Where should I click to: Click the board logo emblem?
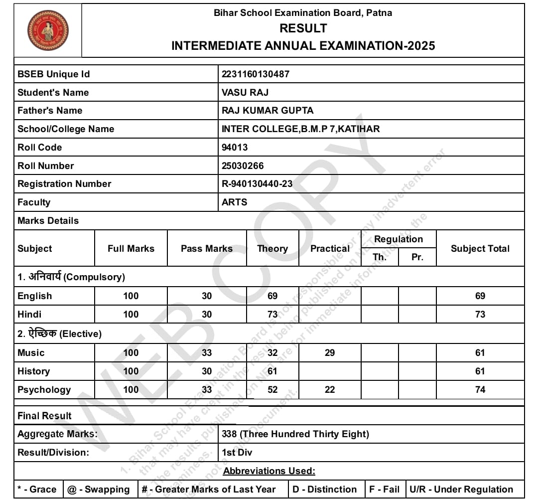tap(48, 30)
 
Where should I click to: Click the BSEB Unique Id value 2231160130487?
tap(256, 74)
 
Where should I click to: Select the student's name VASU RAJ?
tap(245, 93)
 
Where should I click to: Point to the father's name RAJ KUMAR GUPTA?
tap(268, 111)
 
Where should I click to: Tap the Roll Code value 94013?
tap(235, 148)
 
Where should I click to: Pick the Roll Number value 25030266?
tap(243, 166)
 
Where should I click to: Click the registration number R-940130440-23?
tap(257, 184)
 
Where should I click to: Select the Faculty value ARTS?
tap(234, 202)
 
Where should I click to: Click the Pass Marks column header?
tap(207, 248)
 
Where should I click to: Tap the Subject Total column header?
tap(480, 248)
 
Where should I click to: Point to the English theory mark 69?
tap(272, 296)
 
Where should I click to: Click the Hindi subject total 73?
tap(480, 315)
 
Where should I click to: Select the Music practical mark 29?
tap(330, 353)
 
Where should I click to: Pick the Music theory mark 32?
tap(272, 353)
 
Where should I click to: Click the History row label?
tap(33, 371)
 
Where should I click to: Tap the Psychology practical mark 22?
tap(330, 390)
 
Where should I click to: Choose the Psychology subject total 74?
tap(480, 390)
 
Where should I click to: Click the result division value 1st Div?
tap(237, 453)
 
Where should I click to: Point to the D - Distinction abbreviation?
tap(325, 490)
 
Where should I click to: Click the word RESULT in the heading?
tap(303, 28)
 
